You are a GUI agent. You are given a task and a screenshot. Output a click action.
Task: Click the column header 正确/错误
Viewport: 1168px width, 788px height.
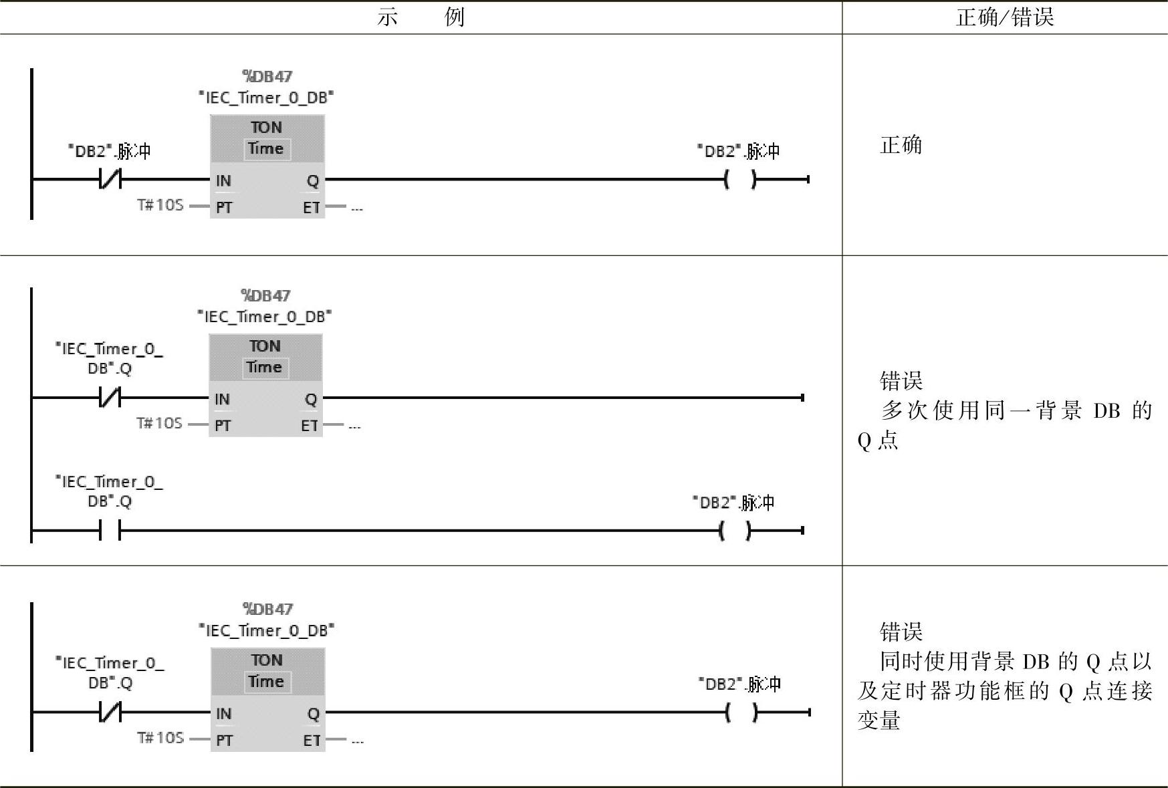1004,17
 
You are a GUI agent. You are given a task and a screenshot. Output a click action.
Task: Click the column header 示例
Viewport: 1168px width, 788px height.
421,17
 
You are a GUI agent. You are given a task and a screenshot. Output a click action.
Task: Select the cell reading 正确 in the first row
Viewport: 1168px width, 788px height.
901,145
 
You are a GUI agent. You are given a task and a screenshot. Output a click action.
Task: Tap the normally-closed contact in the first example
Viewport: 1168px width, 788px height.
110,179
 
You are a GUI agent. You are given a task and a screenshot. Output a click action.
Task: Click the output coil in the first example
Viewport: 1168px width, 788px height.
740,179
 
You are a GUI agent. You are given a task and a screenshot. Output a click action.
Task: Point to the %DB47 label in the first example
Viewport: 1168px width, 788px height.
267,76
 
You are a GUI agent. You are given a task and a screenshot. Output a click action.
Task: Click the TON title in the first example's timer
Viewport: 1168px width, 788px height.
266,127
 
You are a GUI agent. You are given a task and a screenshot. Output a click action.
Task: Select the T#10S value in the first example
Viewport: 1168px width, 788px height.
160,205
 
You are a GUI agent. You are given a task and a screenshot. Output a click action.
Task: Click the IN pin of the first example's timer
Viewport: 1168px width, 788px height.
223,180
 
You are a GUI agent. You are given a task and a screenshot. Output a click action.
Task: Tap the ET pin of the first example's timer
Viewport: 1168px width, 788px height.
311,207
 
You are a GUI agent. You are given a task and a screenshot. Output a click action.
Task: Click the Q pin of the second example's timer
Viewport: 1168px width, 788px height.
311,399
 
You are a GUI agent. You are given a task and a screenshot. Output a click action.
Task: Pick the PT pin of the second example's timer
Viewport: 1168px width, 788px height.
223,426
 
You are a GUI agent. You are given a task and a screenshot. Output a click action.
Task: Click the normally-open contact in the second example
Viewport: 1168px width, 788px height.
110,531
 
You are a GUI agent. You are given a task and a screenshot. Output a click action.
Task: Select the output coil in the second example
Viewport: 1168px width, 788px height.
735,531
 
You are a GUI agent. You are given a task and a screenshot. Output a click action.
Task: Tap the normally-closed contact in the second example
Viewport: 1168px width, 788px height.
110,398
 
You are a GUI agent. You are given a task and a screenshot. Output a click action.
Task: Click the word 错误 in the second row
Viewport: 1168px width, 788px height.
901,381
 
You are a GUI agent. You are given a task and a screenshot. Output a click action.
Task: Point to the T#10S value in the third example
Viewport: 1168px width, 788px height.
160,738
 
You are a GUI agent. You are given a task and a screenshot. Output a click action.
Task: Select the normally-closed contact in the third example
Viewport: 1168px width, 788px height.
110,712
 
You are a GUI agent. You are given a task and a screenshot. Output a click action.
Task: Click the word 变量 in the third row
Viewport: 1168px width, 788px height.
879,720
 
